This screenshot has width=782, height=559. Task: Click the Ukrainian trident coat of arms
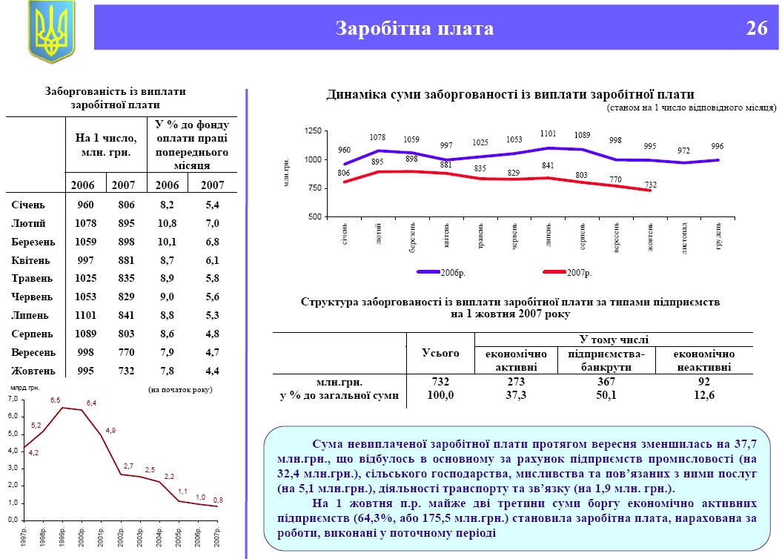pyautogui.click(x=52, y=30)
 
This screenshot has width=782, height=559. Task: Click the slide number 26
pyautogui.click(x=756, y=29)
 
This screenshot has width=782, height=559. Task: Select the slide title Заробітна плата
pyautogui.click(x=414, y=29)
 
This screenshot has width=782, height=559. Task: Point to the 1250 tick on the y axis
pyautogui.click(x=311, y=131)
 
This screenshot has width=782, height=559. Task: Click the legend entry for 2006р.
pyautogui.click(x=452, y=273)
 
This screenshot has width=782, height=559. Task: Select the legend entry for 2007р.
pyautogui.click(x=578, y=273)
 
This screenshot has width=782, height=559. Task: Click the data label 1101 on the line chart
pyautogui.click(x=548, y=134)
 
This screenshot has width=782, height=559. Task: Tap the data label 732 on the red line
pyautogui.click(x=651, y=184)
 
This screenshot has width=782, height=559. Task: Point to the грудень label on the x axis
pyautogui.click(x=718, y=235)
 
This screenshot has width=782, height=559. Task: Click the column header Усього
pyautogui.click(x=440, y=354)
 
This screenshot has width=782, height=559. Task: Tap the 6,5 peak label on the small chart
pyautogui.click(x=56, y=400)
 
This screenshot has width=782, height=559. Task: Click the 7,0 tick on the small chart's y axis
pyautogui.click(x=13, y=400)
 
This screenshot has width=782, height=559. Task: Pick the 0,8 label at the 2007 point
pyautogui.click(x=217, y=499)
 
